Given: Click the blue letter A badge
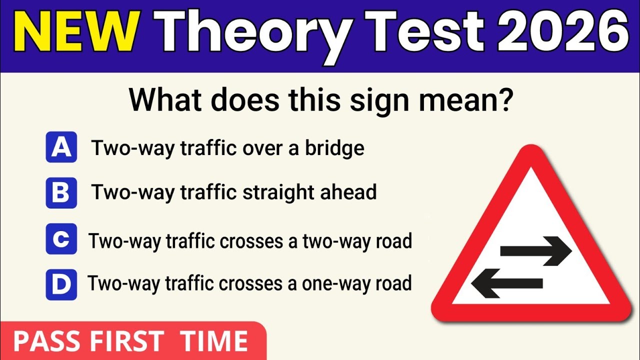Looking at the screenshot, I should coord(61,147).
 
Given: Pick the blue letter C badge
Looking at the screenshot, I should coord(61,239).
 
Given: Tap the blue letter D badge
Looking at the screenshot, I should coord(61,284).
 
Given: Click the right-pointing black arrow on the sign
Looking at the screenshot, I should coord(535,250).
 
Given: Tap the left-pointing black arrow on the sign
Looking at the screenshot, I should coord(507,283).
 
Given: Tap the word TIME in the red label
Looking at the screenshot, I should coord(214,341).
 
